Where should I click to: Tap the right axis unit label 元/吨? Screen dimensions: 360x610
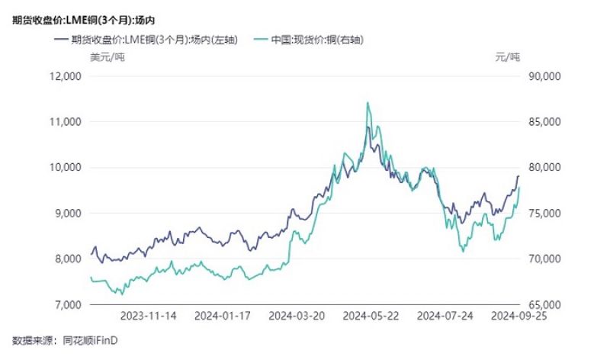pos(507,58)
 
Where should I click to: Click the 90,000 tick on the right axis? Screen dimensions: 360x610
pos(544,76)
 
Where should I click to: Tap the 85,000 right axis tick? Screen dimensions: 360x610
pos(544,122)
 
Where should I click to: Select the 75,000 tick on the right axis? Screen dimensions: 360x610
pos(544,214)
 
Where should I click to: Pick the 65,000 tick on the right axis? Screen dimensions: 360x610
pos(544,305)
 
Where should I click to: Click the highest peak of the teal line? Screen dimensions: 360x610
pos(368,103)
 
